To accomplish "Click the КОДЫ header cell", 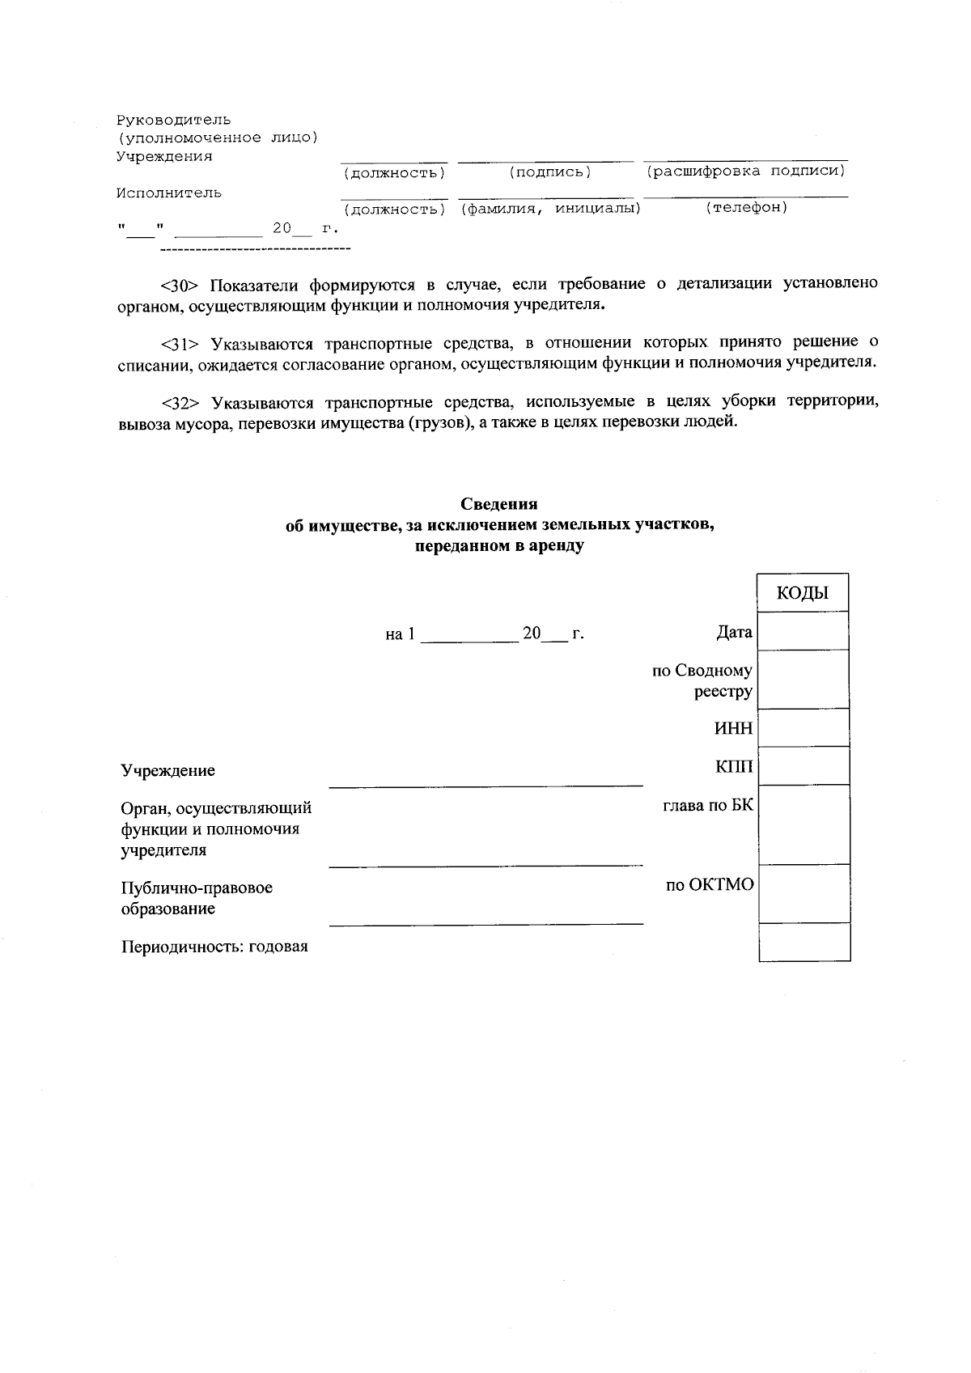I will click(803, 592).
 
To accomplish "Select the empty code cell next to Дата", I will click(803, 631).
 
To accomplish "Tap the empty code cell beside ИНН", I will click(803, 727).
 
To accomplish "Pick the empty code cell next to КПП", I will click(803, 765).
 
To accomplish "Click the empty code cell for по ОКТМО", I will click(803, 893).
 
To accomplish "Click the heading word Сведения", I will click(499, 505).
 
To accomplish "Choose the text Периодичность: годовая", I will click(214, 947).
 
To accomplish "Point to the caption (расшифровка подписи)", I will click(745, 172).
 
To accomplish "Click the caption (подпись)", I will click(550, 172).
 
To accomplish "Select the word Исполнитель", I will click(168, 193).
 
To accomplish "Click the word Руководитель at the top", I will click(173, 121).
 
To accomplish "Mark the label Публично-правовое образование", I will click(196, 898).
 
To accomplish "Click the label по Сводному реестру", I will click(702, 681).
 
